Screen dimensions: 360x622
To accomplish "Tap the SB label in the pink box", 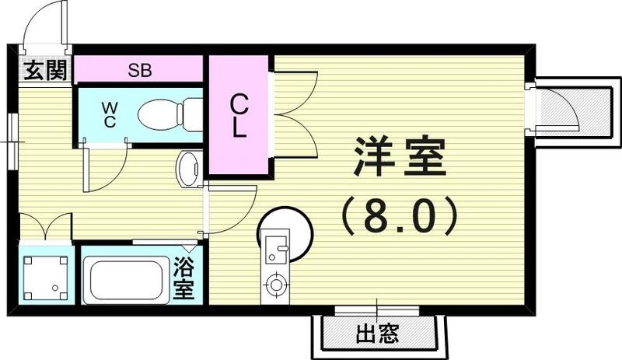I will point(140,71).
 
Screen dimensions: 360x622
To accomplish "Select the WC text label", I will point(108,114).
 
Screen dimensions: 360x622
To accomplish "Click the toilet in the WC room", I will point(167,115).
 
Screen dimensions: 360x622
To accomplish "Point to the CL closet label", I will point(239,115).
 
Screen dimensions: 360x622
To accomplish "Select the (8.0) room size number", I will point(400,217).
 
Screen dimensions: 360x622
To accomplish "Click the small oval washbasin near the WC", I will point(189,168).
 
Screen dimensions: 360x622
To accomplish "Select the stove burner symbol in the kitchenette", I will point(275,285).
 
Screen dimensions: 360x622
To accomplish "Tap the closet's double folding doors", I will point(294,114).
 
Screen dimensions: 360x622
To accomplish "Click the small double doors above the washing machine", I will point(45,227).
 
